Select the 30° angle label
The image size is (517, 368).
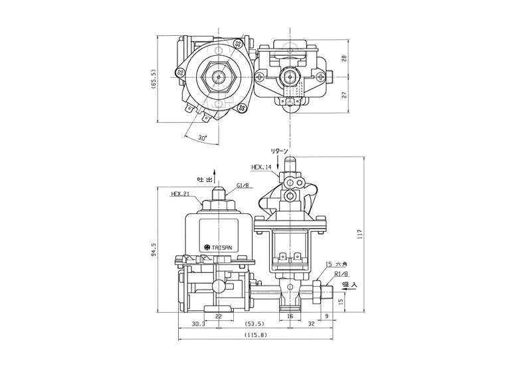point(203,138)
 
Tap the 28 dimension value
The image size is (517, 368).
point(345,58)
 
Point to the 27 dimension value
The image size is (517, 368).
point(345,95)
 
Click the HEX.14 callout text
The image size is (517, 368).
point(261,167)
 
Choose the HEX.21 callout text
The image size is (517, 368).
point(180,194)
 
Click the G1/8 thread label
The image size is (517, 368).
point(243,185)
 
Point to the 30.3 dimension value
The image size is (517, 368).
point(199,324)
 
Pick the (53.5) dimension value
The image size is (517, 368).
point(255,324)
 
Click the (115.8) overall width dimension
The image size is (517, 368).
point(256,335)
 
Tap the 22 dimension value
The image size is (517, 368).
point(219,316)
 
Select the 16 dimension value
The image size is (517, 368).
point(290,316)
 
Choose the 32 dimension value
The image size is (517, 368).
point(311,324)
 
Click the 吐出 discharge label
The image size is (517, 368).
point(204,180)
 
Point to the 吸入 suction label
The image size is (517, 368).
point(350,284)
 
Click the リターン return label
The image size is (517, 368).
point(279,151)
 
